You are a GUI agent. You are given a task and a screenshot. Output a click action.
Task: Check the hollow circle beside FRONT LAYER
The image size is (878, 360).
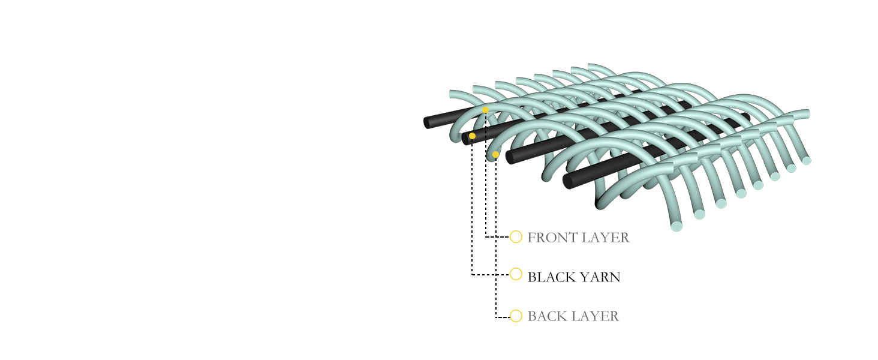516,236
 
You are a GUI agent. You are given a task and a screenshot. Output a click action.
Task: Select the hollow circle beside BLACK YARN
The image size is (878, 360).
516,274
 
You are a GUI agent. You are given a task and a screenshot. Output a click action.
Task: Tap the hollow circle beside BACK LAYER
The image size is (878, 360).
516,316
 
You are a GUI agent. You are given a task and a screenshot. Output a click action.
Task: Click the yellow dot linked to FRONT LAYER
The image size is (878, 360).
485,110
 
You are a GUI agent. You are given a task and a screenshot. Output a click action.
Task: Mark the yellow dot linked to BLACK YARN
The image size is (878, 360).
472,136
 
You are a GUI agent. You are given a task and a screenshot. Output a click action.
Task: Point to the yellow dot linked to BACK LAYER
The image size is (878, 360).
495,155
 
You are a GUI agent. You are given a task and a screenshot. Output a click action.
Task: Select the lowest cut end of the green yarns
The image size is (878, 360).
676,227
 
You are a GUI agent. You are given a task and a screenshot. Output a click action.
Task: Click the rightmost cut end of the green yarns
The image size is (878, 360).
807,161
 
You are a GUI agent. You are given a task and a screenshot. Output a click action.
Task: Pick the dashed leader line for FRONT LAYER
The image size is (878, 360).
486,180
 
